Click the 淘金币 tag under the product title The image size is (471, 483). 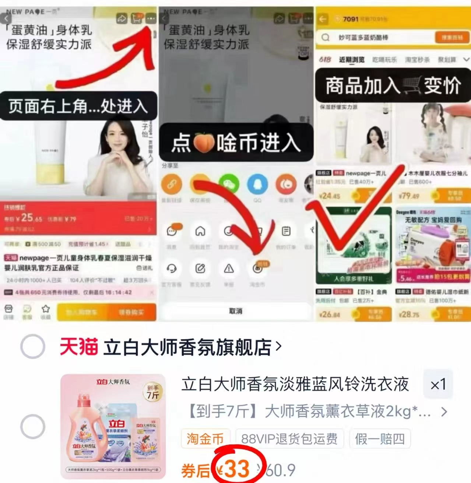205,439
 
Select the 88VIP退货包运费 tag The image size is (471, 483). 289,439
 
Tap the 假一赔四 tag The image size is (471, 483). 380,439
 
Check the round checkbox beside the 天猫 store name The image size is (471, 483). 33,347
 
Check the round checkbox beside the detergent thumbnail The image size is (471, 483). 33,426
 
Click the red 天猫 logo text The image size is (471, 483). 78,347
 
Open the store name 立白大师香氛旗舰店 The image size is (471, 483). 188,347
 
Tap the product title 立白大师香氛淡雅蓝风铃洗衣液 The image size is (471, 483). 295,385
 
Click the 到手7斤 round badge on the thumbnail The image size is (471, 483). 153,392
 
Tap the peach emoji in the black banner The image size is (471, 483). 204,143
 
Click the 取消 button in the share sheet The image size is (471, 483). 236,311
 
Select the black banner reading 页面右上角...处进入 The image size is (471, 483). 78,106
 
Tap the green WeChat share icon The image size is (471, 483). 229,184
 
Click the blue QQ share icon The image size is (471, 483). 257,184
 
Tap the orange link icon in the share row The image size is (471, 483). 172,184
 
